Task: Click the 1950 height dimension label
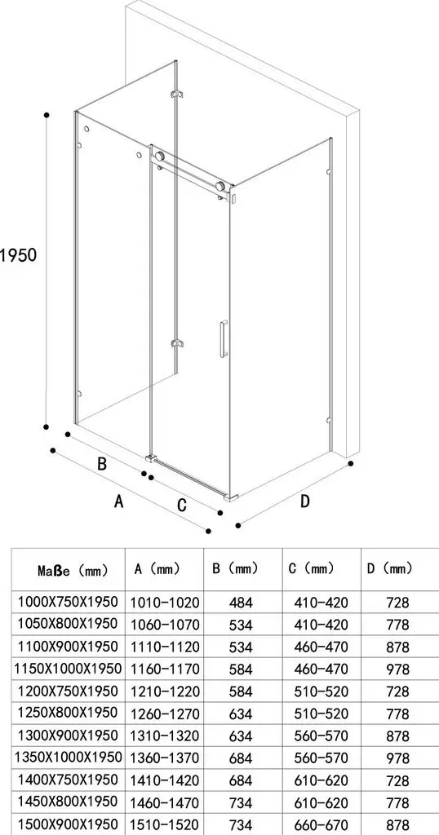(x=18, y=255)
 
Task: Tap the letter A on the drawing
(x=119, y=501)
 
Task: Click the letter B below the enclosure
(x=102, y=464)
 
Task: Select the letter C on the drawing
(x=182, y=505)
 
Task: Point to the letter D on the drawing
(x=304, y=501)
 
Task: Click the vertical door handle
(x=224, y=338)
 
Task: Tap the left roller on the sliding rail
(x=159, y=157)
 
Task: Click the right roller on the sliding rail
(x=220, y=187)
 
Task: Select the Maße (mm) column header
(x=73, y=571)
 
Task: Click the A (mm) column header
(x=157, y=568)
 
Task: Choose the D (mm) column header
(x=390, y=568)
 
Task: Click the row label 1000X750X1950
(x=68, y=602)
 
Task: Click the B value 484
(x=241, y=603)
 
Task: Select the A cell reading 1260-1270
(x=165, y=714)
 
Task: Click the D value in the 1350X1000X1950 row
(x=398, y=758)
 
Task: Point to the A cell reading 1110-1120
(x=165, y=647)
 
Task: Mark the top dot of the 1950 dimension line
(x=47, y=114)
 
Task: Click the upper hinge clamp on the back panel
(x=177, y=95)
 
